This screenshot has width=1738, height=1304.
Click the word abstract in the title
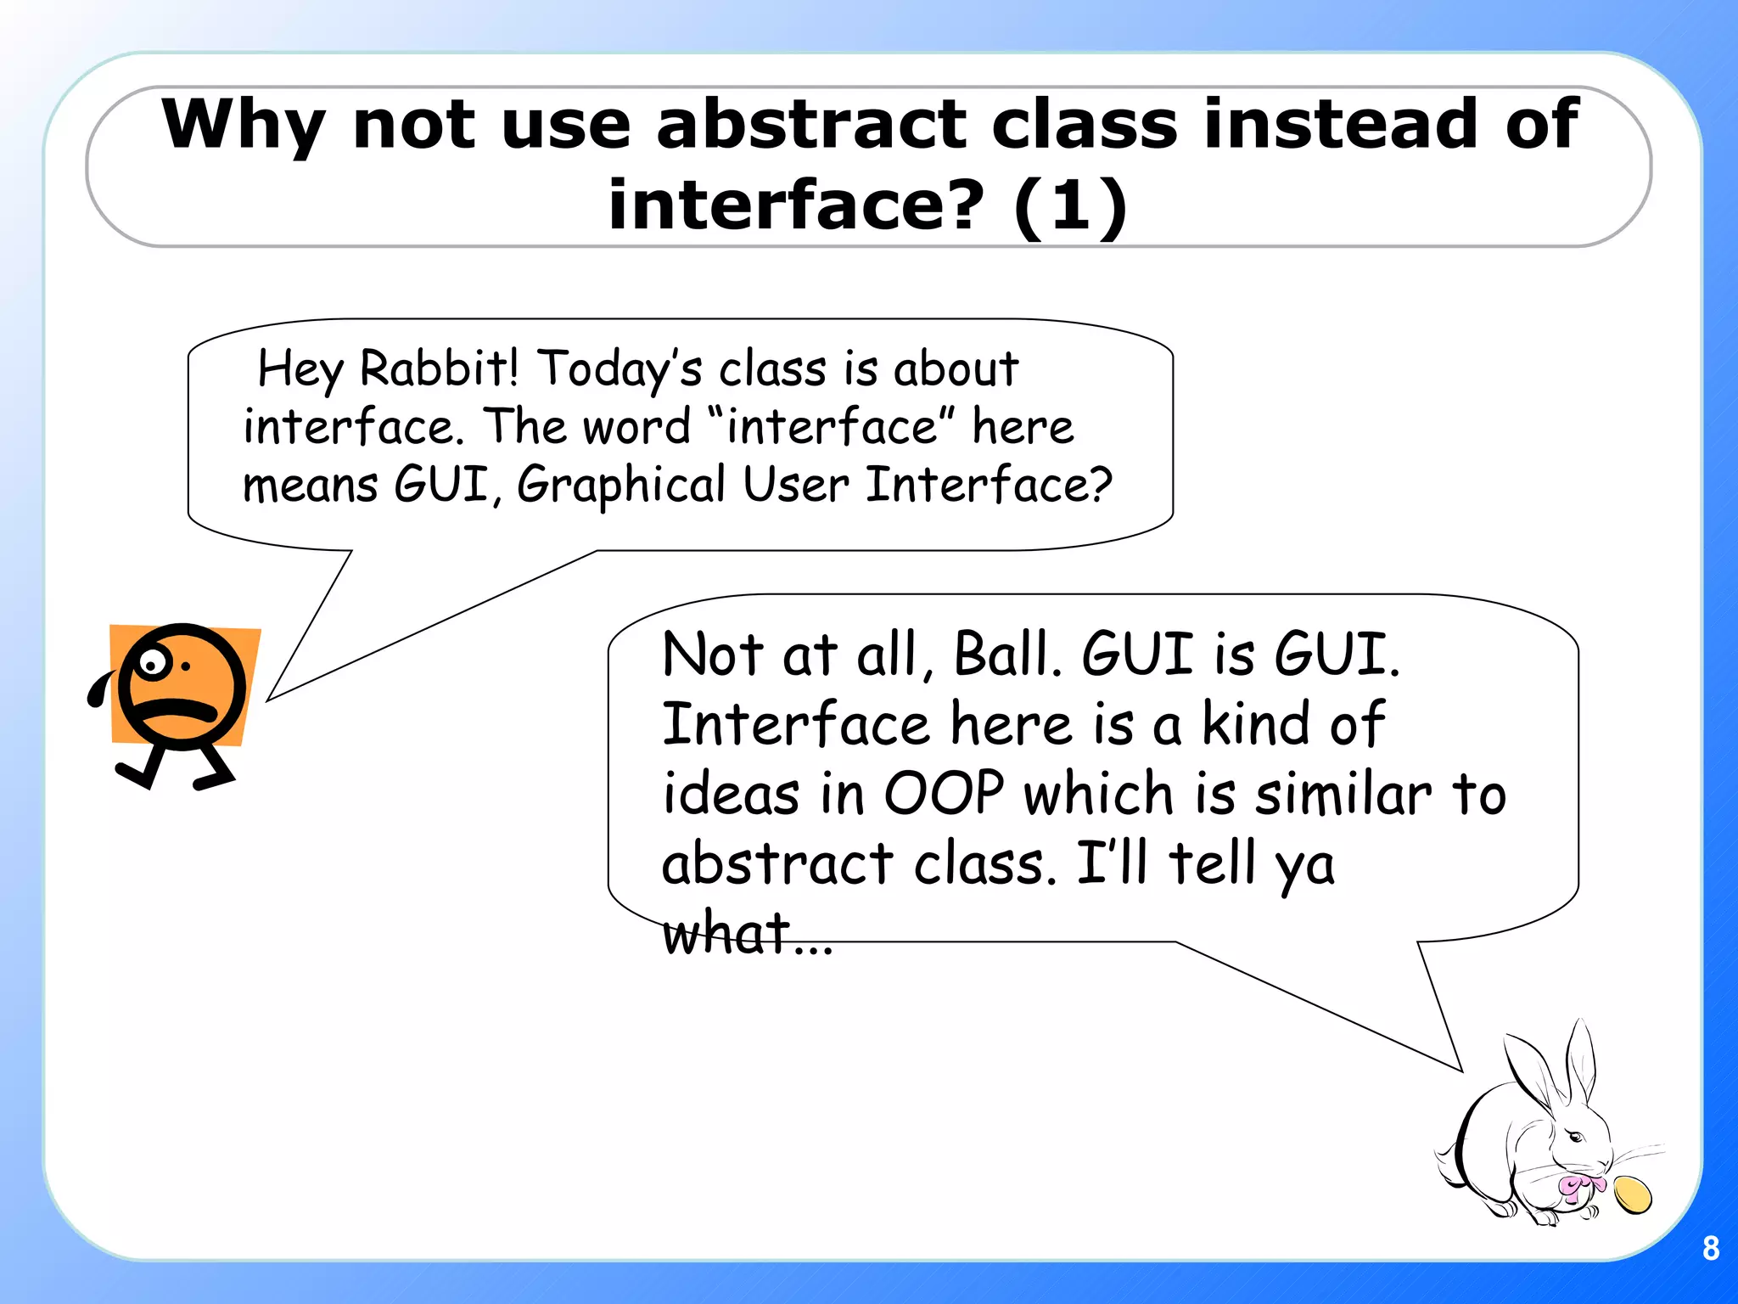[x=810, y=124]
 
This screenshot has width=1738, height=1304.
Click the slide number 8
[x=1711, y=1248]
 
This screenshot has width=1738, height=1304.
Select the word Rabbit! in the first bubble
[x=438, y=369]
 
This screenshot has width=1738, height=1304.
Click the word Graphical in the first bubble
[x=621, y=485]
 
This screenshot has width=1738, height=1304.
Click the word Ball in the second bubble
[x=1008, y=655]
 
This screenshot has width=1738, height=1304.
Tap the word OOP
[x=944, y=794]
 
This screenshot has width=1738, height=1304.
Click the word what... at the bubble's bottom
[x=747, y=933]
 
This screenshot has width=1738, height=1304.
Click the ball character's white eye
[x=153, y=663]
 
